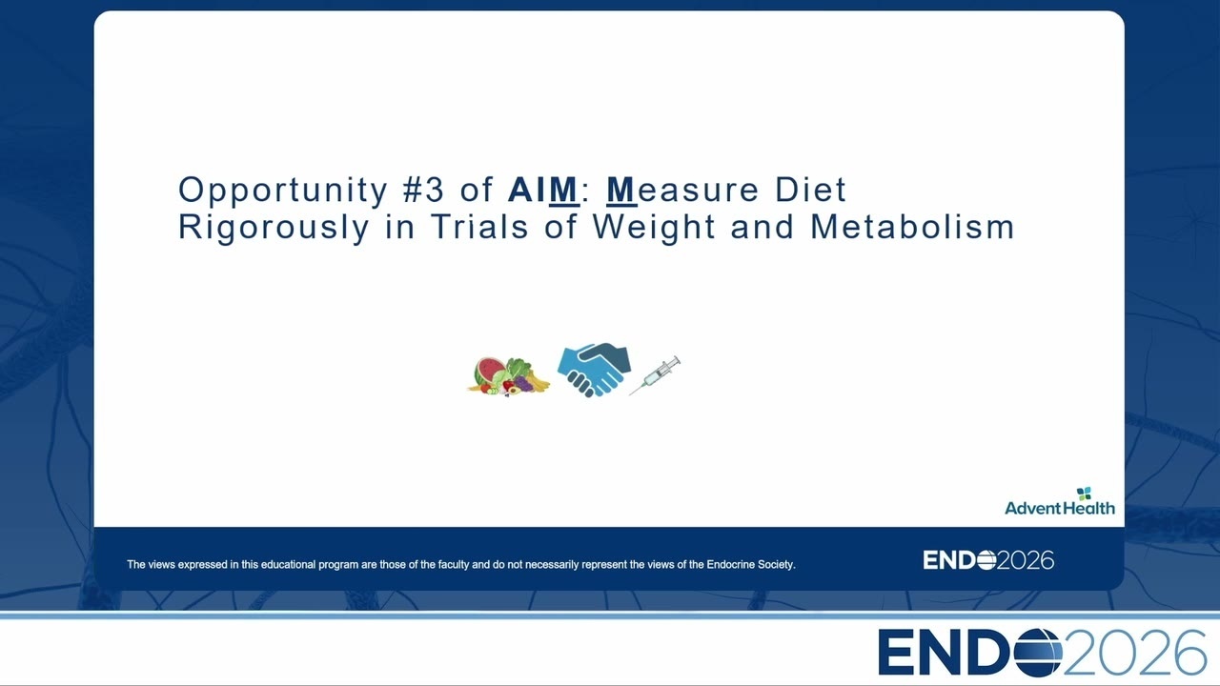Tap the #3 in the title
[424, 190]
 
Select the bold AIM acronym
[543, 190]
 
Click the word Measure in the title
[681, 190]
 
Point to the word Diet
[810, 190]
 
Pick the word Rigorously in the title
[274, 228]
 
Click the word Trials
[479, 227]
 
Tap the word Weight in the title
[654, 228]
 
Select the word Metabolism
[912, 227]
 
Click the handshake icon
[594, 370]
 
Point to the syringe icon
[655, 375]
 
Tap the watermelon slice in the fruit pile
[489, 371]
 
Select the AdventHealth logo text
[1059, 508]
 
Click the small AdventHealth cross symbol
[1084, 494]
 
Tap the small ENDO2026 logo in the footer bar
[988, 560]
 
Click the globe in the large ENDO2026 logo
[1039, 653]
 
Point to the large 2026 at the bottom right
[1135, 653]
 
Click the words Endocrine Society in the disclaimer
[750, 565]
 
